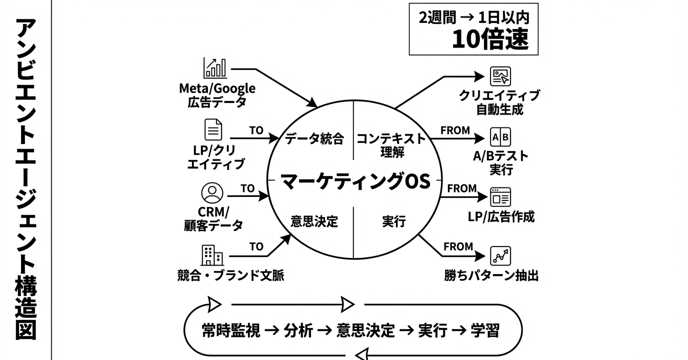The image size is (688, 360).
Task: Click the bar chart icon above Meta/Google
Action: click(215, 67)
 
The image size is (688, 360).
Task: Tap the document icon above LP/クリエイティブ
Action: click(213, 129)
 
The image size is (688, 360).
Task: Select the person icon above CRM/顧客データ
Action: click(212, 193)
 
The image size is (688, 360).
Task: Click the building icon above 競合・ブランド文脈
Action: click(212, 255)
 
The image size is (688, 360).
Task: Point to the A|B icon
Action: click(500, 137)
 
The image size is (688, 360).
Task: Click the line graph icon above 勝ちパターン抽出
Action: click(500, 256)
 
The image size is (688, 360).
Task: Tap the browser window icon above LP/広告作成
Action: click(500, 197)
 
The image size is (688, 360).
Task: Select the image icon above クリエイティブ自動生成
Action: click(500, 76)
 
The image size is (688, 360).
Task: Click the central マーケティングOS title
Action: click(355, 181)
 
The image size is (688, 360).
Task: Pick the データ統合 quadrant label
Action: click(314, 138)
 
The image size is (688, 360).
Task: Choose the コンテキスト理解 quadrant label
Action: click(391, 145)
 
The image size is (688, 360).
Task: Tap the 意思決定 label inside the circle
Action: click(314, 221)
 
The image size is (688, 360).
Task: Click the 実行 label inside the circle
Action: click(394, 221)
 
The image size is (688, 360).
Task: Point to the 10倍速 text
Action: click(490, 39)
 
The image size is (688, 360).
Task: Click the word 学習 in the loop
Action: click(485, 330)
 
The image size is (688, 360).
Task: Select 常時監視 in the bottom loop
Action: click(231, 330)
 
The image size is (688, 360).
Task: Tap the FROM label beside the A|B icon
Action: click(455, 130)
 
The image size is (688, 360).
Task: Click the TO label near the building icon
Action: click(256, 246)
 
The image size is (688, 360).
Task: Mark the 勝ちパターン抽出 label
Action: click(491, 275)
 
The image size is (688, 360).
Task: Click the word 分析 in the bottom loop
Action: click(298, 330)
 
